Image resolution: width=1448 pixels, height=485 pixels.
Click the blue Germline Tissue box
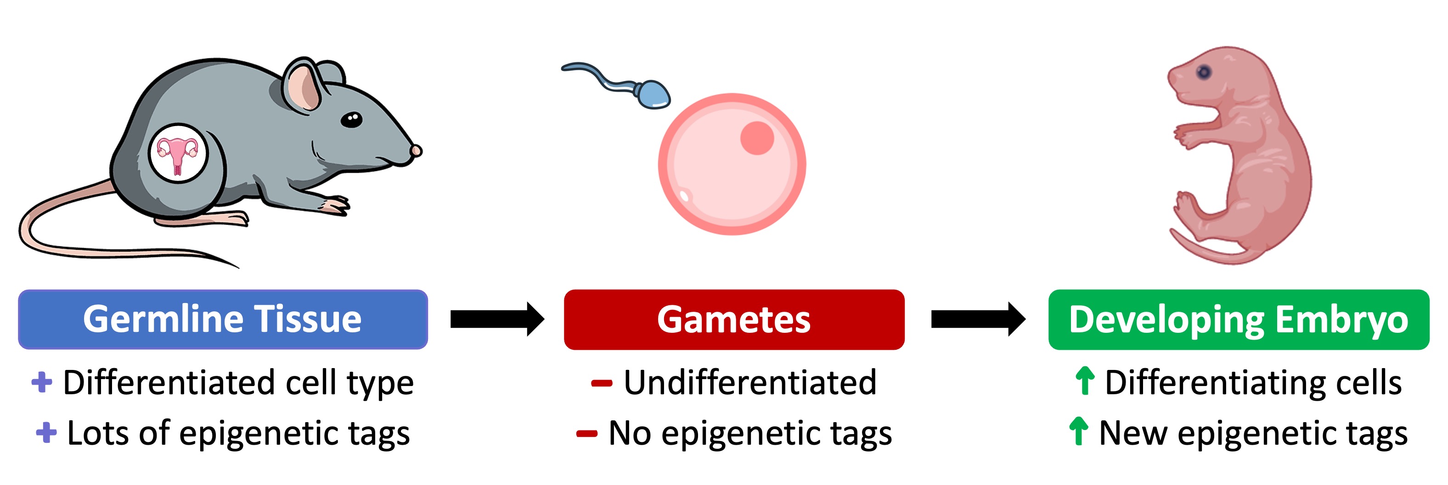click(x=223, y=320)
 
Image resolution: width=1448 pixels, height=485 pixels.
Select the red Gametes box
click(x=733, y=320)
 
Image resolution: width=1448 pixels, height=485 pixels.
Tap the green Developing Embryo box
click(x=1238, y=320)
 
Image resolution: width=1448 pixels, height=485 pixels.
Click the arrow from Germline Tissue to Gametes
click(x=497, y=320)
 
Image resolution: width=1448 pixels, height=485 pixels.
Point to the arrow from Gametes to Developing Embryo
click(x=978, y=320)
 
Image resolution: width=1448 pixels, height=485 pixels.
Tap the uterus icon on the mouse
click(x=178, y=153)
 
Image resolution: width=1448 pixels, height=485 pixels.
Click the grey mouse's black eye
click(x=352, y=119)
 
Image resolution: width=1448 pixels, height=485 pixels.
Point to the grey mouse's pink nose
click(x=416, y=150)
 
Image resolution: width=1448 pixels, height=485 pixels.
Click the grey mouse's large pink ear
click(x=304, y=87)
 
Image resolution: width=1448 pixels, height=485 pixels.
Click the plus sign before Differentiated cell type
click(x=42, y=382)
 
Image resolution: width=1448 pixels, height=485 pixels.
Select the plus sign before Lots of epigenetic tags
click(x=46, y=433)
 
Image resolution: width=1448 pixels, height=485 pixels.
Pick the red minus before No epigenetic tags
click(x=586, y=433)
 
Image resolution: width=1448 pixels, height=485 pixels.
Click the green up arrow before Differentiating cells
click(x=1084, y=380)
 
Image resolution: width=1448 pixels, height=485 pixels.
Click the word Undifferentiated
click(x=750, y=382)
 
